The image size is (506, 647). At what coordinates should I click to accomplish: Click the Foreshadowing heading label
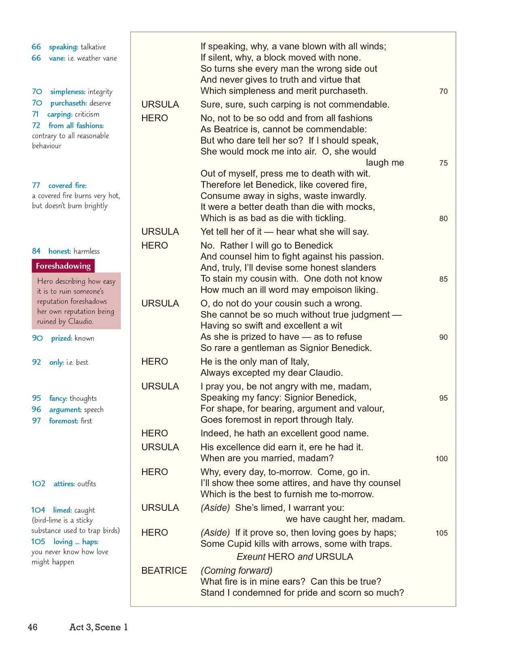click(x=63, y=266)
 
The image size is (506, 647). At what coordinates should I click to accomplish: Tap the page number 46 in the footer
click(x=33, y=627)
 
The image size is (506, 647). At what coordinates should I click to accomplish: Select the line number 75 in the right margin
click(x=443, y=163)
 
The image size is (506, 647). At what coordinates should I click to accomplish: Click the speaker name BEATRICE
click(x=164, y=571)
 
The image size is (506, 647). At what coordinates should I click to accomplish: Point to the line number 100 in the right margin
click(x=441, y=459)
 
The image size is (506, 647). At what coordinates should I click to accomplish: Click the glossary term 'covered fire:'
click(x=67, y=186)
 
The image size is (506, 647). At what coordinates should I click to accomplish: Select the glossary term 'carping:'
click(x=60, y=114)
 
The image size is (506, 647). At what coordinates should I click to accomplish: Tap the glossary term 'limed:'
click(x=62, y=510)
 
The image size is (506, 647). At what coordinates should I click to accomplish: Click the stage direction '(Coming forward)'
click(x=236, y=571)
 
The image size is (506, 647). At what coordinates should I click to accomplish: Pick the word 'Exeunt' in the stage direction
click(x=250, y=557)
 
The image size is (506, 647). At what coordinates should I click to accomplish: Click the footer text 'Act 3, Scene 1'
click(x=99, y=627)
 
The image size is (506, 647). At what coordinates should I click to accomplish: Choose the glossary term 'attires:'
click(x=64, y=484)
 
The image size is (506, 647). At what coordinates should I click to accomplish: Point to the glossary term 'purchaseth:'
click(x=69, y=103)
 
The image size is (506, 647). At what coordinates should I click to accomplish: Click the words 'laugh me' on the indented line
click(x=385, y=163)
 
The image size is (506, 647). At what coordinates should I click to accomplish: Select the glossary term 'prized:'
click(x=61, y=338)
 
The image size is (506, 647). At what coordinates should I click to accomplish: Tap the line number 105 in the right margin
click(x=441, y=533)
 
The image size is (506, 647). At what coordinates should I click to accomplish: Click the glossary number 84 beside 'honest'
click(x=36, y=251)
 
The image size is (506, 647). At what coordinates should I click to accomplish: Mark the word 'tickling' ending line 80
click(x=329, y=218)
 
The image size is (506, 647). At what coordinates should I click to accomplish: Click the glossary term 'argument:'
click(x=65, y=410)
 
